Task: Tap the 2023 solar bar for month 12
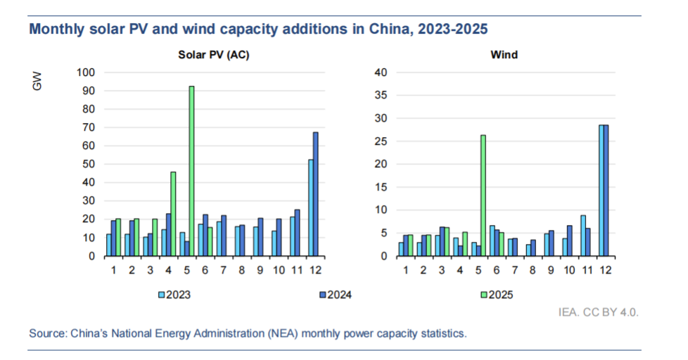[310, 207]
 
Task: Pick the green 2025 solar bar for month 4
[173, 214]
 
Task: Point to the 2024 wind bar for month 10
[570, 240]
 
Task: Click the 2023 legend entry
[174, 295]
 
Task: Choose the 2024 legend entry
[334, 295]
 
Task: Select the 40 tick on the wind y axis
[380, 72]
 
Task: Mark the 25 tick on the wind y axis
[380, 141]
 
